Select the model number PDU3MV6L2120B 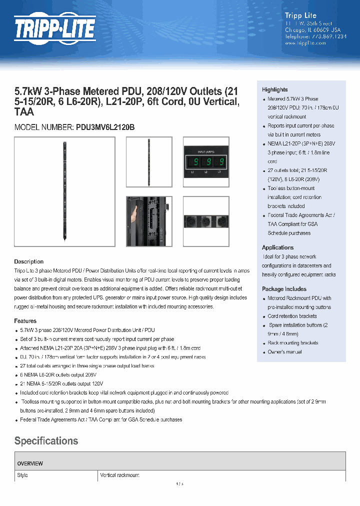(x=105, y=127)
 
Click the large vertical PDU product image (x=64, y=191)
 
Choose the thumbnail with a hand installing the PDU (x=148, y=220)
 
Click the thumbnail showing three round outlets (x=205, y=220)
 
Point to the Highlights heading (x=274, y=89)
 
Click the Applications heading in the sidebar (x=277, y=247)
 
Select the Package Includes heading (x=284, y=289)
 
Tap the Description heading (x=28, y=261)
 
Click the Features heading (x=25, y=321)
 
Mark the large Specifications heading (x=46, y=440)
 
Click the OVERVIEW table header (x=30, y=463)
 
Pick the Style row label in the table (x=22, y=475)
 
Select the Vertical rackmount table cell (x=119, y=475)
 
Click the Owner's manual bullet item (x=284, y=352)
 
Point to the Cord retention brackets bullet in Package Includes (x=292, y=316)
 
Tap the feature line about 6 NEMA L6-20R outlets (x=58, y=374)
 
